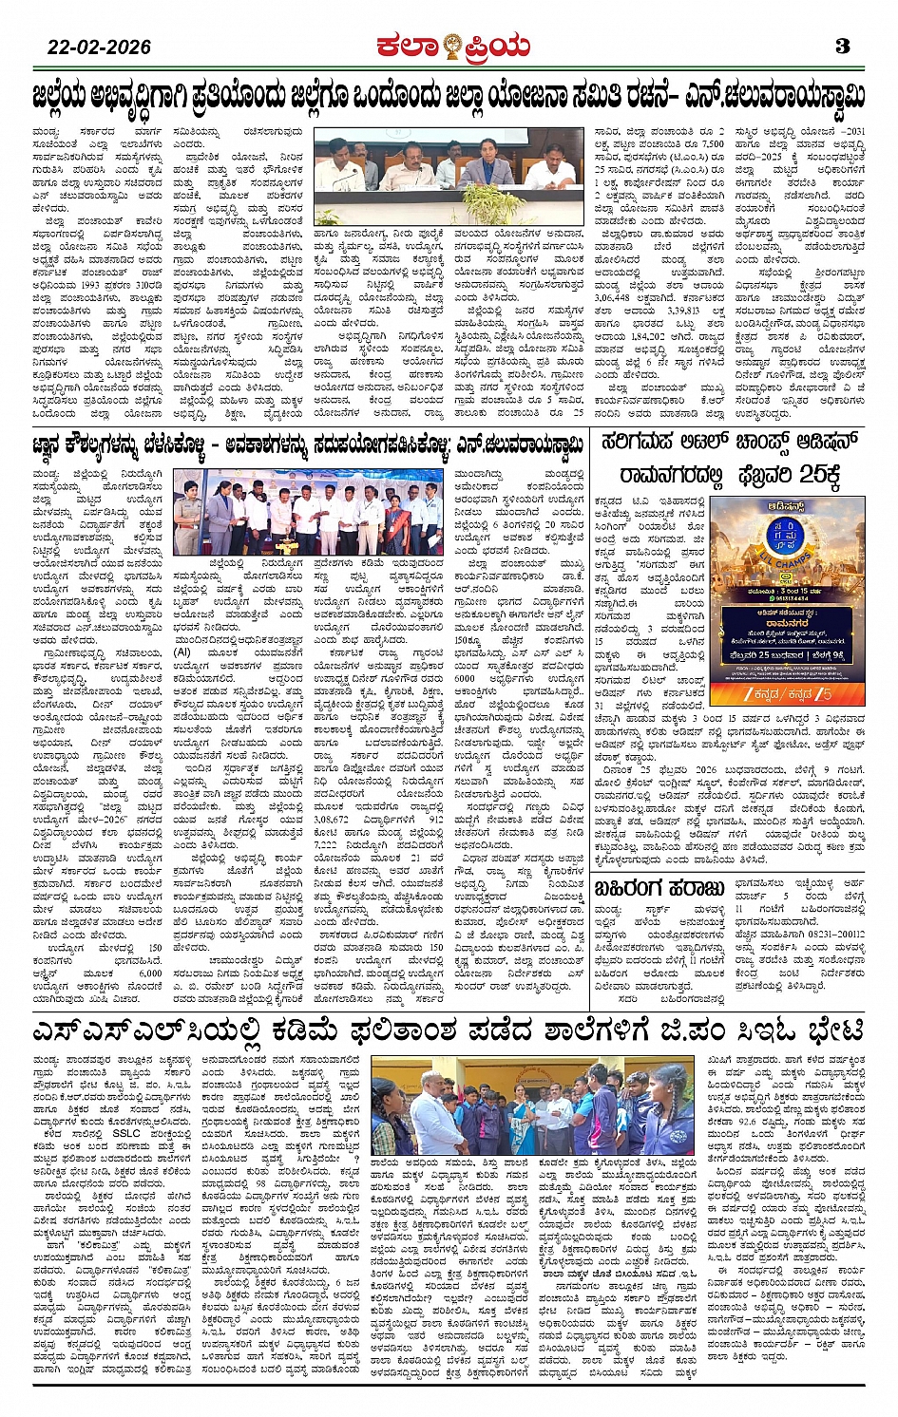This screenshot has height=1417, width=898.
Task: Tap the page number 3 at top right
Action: pyautogui.click(x=841, y=46)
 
